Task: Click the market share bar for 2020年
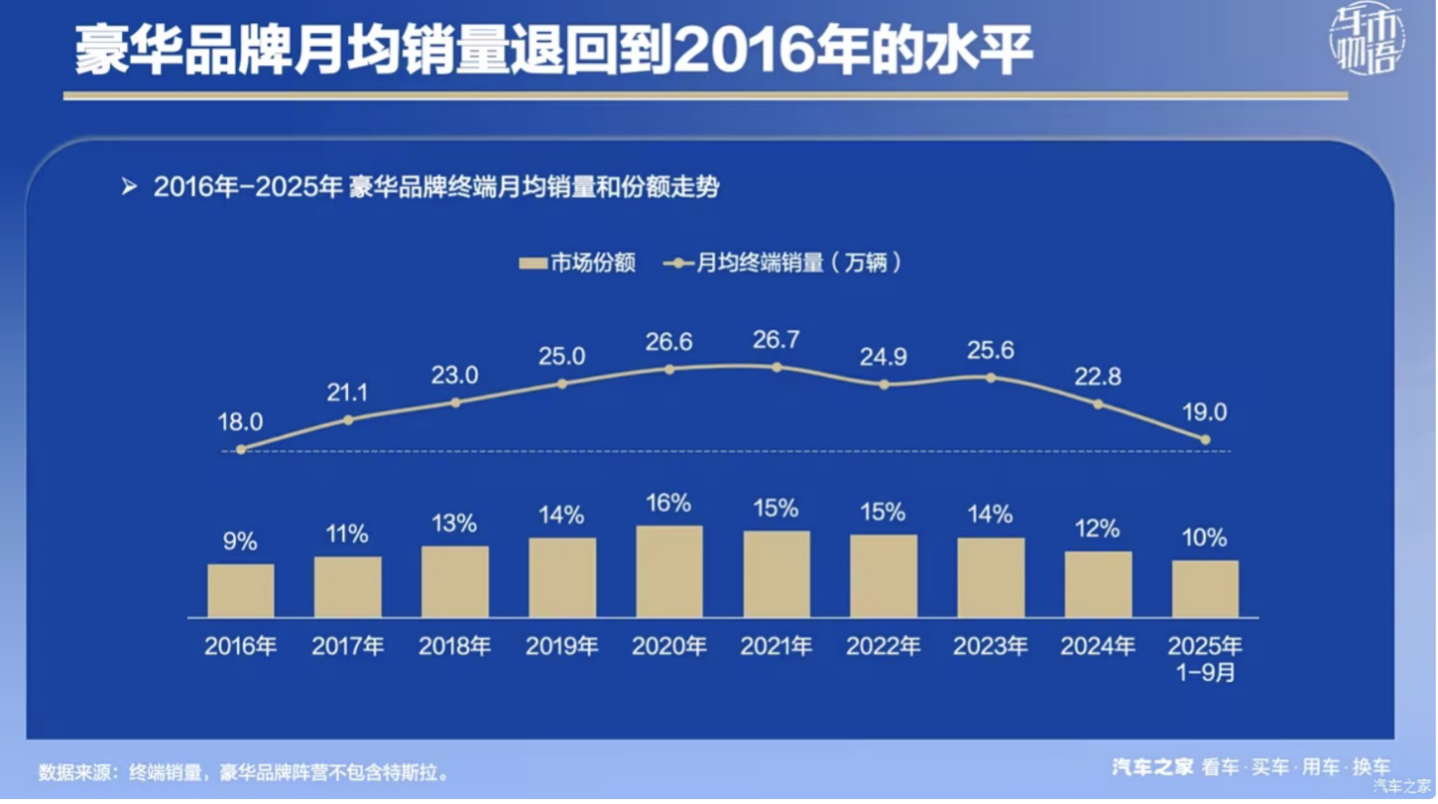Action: click(x=669, y=572)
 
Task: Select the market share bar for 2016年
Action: click(x=241, y=591)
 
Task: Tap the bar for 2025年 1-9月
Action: click(x=1205, y=589)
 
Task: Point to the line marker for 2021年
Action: click(x=777, y=367)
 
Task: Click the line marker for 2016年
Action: click(x=241, y=449)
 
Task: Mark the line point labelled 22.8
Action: click(x=1098, y=403)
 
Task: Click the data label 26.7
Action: click(x=776, y=339)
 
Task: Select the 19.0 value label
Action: click(x=1204, y=412)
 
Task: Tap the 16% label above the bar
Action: click(x=669, y=503)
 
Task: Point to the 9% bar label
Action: click(x=240, y=541)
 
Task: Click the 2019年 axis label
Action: click(x=562, y=646)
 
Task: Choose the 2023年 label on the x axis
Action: click(x=991, y=646)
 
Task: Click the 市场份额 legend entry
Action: click(x=578, y=263)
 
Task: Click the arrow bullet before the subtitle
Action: click(x=130, y=186)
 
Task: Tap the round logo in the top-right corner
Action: click(x=1367, y=40)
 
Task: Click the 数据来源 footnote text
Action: click(x=244, y=773)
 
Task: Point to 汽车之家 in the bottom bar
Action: click(x=1152, y=768)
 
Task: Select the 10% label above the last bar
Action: click(x=1204, y=538)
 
